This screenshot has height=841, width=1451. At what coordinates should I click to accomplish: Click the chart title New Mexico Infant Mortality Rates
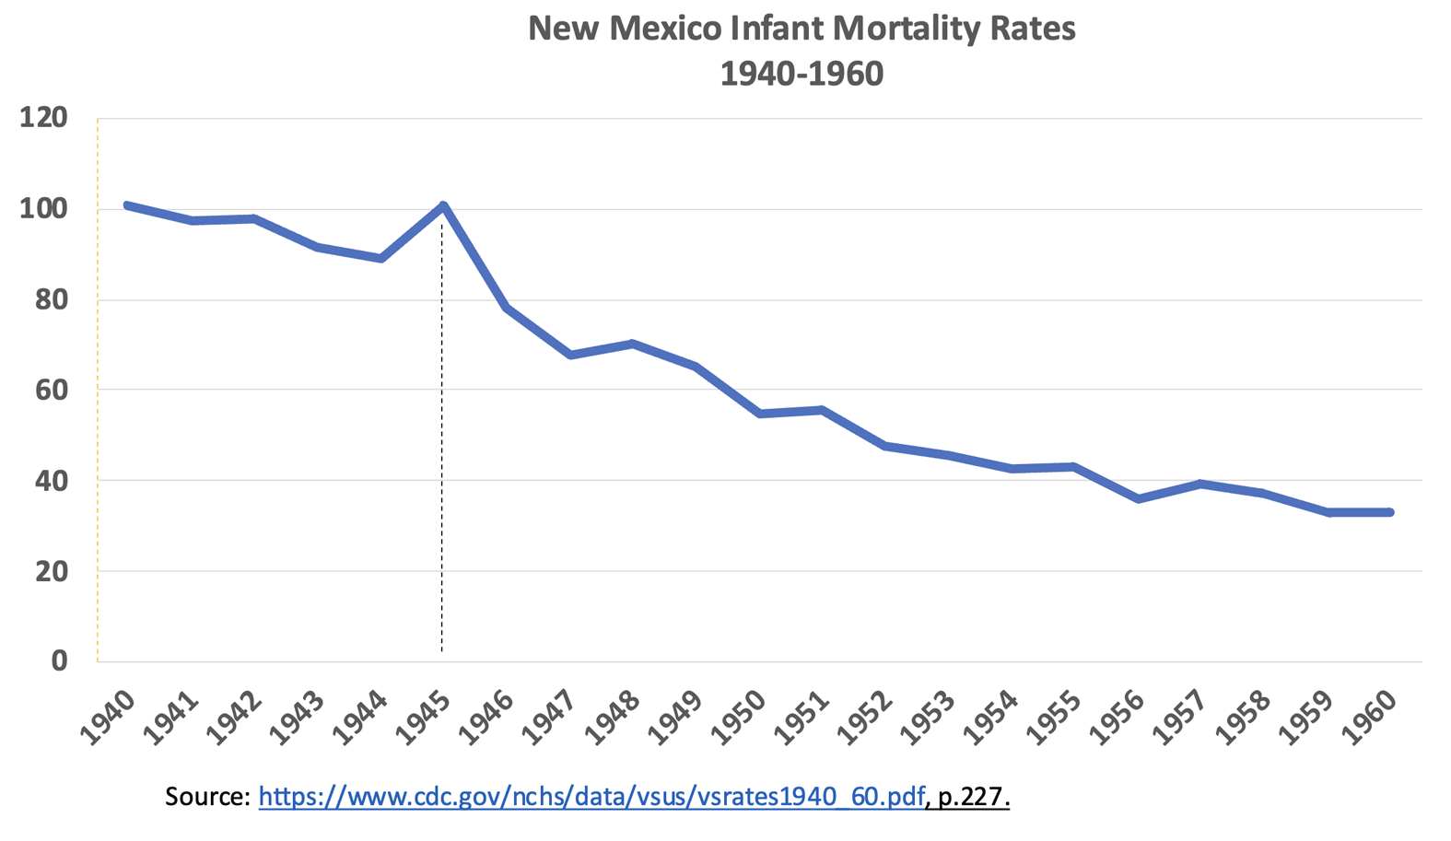click(802, 29)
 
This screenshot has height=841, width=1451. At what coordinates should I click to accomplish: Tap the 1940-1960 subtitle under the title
click(802, 73)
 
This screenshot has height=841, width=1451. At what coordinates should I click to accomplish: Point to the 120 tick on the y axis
click(43, 118)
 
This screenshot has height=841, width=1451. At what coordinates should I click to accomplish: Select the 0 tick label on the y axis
click(59, 660)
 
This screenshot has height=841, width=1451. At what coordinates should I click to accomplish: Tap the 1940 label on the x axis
click(108, 716)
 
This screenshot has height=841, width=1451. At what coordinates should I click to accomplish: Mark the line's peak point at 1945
click(443, 205)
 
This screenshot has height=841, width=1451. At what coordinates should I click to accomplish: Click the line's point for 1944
click(380, 258)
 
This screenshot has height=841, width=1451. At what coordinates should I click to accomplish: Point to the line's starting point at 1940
click(127, 205)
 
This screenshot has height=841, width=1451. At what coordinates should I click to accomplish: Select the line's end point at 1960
click(1389, 512)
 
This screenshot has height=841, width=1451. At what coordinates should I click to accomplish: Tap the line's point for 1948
click(633, 344)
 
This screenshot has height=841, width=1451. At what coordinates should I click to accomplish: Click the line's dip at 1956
click(1138, 498)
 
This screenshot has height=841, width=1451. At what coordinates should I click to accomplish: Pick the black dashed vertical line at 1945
click(442, 461)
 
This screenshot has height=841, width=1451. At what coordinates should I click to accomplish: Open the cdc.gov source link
click(591, 796)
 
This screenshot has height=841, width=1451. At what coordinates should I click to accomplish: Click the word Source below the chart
click(207, 796)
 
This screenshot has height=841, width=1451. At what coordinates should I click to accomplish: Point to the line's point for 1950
click(759, 414)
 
